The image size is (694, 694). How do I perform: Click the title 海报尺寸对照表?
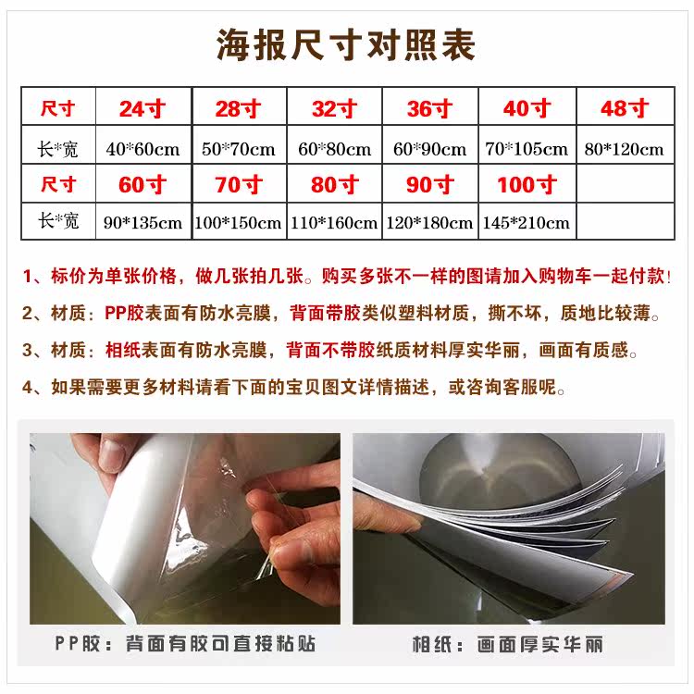tap(346, 43)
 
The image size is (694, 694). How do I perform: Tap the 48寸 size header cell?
tap(625, 108)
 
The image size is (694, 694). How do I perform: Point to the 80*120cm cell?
tap(625, 148)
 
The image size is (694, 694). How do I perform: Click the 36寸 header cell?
tap(428, 108)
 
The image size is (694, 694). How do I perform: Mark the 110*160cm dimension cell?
tap(334, 223)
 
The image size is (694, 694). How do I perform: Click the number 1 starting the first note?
tap(29, 276)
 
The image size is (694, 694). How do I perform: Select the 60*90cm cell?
tap(428, 148)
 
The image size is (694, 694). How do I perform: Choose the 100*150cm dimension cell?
tap(238, 223)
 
